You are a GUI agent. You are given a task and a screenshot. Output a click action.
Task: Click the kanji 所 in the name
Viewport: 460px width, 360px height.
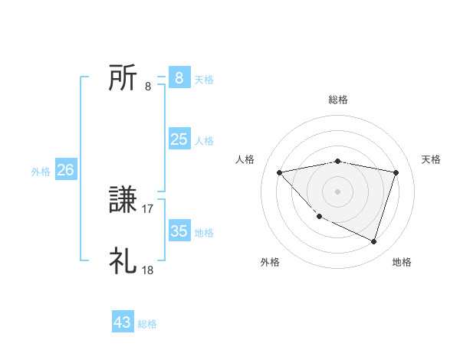pyautogui.click(x=123, y=78)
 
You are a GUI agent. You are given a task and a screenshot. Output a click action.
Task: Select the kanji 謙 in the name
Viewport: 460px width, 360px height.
pyautogui.click(x=123, y=201)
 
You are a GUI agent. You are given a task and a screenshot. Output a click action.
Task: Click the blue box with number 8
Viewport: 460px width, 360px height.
pyautogui.click(x=179, y=77)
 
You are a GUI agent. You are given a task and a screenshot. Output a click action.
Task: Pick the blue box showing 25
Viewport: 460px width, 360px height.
pyautogui.click(x=179, y=139)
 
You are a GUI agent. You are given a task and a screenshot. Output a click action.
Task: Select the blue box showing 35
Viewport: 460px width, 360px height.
pyautogui.click(x=179, y=231)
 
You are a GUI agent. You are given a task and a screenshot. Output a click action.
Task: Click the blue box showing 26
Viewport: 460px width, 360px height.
pyautogui.click(x=65, y=170)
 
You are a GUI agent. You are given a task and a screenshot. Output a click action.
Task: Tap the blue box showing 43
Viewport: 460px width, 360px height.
pyautogui.click(x=123, y=322)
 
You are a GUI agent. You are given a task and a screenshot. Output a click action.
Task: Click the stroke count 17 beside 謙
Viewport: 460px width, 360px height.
pyautogui.click(x=148, y=208)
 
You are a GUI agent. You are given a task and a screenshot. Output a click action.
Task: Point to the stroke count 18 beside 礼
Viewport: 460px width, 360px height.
pyautogui.click(x=148, y=270)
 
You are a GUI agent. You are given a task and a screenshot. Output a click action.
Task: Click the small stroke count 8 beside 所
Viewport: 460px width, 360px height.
pyautogui.click(x=148, y=86)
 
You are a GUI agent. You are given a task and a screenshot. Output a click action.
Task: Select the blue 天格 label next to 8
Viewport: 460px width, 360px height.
pyautogui.click(x=204, y=79)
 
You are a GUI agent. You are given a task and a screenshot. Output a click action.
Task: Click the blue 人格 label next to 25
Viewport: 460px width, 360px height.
pyautogui.click(x=204, y=141)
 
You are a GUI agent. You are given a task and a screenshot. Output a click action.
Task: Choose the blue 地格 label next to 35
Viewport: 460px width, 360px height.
pyautogui.click(x=204, y=233)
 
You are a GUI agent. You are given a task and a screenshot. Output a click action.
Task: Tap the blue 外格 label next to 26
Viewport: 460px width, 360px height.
pyautogui.click(x=41, y=172)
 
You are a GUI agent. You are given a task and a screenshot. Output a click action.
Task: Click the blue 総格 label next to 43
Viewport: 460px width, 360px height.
pyautogui.click(x=147, y=324)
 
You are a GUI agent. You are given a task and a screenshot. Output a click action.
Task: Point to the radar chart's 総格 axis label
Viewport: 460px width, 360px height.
pyautogui.click(x=338, y=100)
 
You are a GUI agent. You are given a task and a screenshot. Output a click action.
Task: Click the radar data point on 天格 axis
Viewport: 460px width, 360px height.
pyautogui.click(x=396, y=172)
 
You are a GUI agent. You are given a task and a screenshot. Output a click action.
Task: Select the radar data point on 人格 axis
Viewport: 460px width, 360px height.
pyautogui.click(x=279, y=172)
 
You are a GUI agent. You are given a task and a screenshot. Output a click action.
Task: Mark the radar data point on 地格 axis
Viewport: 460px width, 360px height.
pyautogui.click(x=373, y=241)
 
